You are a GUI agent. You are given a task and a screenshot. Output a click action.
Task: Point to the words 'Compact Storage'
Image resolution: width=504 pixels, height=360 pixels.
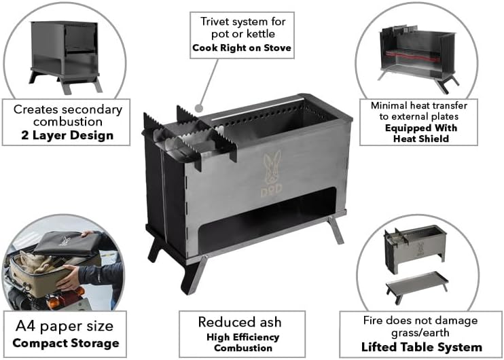click(65, 343)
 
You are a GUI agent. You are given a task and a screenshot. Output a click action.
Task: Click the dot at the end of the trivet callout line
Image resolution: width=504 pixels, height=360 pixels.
click(198, 107)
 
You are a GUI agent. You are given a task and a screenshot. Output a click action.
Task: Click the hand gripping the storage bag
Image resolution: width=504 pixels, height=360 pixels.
click(69, 276)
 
